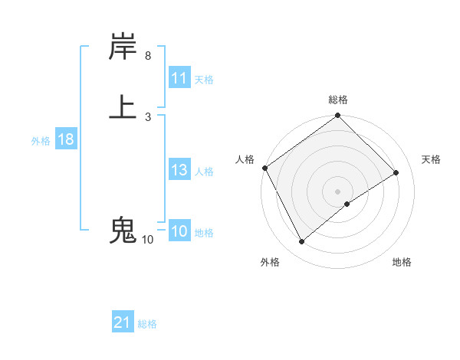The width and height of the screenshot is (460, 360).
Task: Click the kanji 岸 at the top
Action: pyautogui.click(x=123, y=47)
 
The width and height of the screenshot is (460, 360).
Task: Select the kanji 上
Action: pyautogui.click(x=123, y=106)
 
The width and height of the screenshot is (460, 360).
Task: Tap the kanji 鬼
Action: pyautogui.click(x=123, y=230)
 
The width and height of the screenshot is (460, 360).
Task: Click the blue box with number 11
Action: pyautogui.click(x=179, y=78)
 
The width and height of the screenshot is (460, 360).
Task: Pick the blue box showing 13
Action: pyautogui.click(x=179, y=170)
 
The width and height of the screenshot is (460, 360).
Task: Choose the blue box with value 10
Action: pyautogui.click(x=179, y=231)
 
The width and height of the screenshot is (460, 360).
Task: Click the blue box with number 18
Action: pyautogui.click(x=65, y=139)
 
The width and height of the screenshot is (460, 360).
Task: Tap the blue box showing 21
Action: pyautogui.click(x=123, y=323)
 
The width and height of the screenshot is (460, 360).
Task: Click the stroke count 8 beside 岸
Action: pyautogui.click(x=148, y=56)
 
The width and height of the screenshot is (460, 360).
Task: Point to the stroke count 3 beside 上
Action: pyautogui.click(x=148, y=117)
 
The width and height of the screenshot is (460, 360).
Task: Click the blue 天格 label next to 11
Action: pyautogui.click(x=204, y=80)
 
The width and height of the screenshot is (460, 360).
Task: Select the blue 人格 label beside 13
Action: pyautogui.click(x=204, y=172)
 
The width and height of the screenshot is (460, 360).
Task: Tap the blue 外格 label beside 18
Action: pyautogui.click(x=41, y=141)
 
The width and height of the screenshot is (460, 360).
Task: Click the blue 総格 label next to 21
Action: pyautogui.click(x=147, y=325)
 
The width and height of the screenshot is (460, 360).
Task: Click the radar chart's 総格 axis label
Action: pyautogui.click(x=338, y=100)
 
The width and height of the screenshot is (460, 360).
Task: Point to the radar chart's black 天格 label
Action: pyautogui.click(x=432, y=159)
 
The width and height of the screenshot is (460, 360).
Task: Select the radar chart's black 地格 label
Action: pyautogui.click(x=402, y=263)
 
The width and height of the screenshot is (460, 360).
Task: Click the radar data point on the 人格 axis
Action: pyautogui.click(x=264, y=168)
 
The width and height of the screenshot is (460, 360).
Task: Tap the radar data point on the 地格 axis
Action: pyautogui.click(x=347, y=204)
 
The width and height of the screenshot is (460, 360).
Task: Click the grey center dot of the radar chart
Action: pyautogui.click(x=338, y=191)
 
